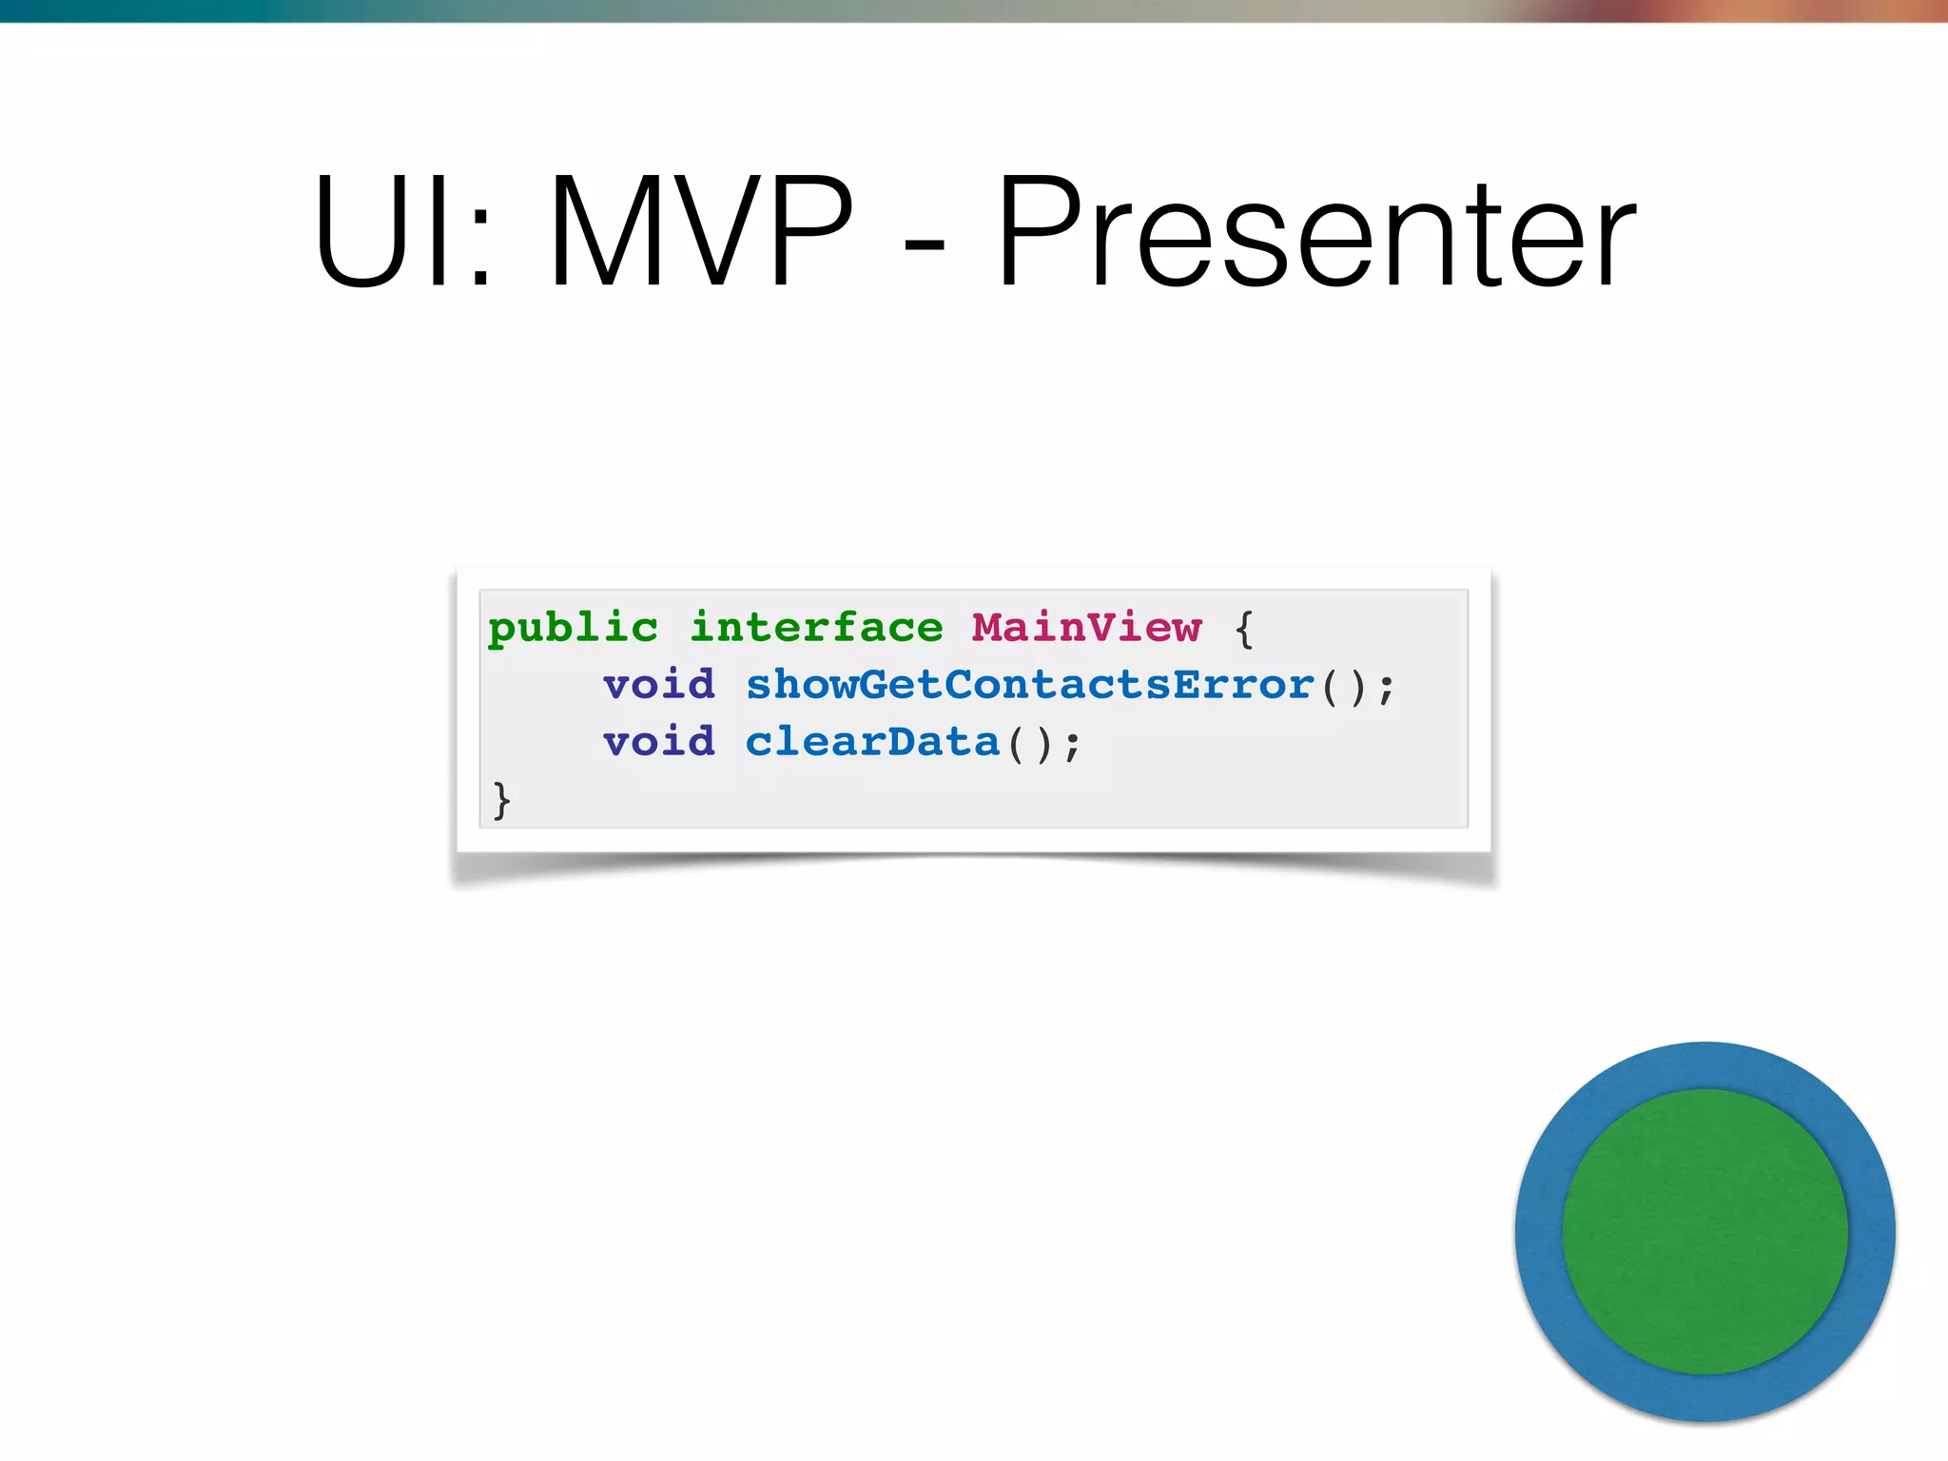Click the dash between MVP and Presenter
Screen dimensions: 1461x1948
pos(924,245)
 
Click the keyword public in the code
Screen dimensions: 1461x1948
pos(573,629)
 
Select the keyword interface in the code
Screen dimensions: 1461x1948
pos(816,629)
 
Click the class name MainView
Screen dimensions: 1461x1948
pos(1086,629)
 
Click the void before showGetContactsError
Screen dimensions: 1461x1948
pos(658,686)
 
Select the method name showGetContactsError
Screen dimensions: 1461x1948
pos(1029,686)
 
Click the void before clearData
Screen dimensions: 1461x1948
pos(658,743)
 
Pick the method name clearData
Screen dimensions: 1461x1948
pos(872,743)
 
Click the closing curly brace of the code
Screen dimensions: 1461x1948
pos(501,800)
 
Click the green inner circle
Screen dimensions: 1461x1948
pos(1704,1232)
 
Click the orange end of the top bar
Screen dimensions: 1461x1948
pos(1855,10)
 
